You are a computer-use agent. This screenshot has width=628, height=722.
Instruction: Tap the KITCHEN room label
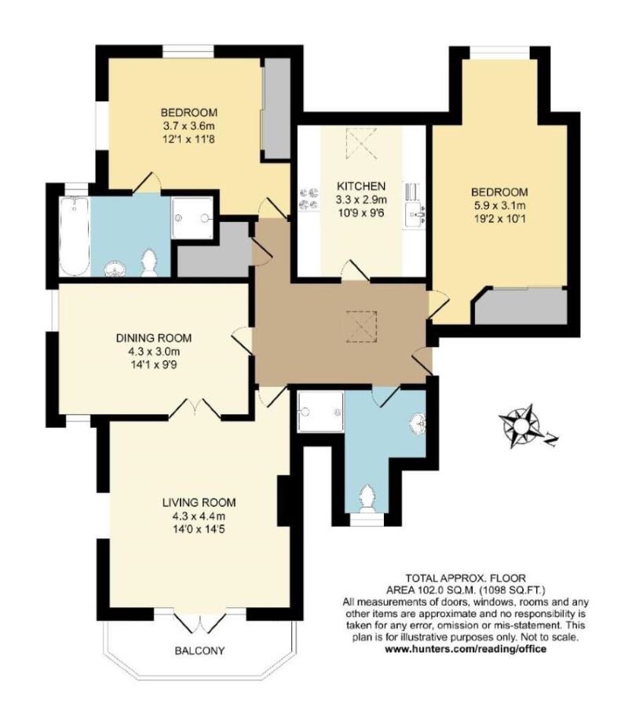pyautogui.click(x=361, y=186)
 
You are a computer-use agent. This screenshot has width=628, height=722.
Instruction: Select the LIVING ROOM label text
pyautogui.click(x=199, y=502)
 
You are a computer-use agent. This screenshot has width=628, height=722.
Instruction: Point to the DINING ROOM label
pyautogui.click(x=154, y=338)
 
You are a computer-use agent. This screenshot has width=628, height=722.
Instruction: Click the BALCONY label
pyautogui.click(x=199, y=651)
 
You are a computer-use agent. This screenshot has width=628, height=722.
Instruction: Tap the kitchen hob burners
pyautogui.click(x=307, y=196)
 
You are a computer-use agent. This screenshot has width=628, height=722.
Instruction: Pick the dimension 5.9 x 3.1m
pyautogui.click(x=499, y=206)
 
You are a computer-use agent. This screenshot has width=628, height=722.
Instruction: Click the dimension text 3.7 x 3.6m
pyautogui.click(x=189, y=125)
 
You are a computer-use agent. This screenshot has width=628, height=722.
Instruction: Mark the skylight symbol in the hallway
pyautogui.click(x=362, y=324)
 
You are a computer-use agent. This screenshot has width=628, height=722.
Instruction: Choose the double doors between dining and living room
pyautogui.click(x=194, y=407)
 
